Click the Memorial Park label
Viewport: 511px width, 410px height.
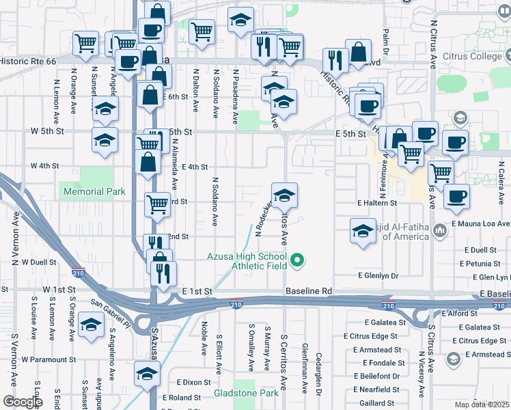pos(94,192)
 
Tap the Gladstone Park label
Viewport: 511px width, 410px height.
pos(246,394)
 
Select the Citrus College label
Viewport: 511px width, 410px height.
pos(472,56)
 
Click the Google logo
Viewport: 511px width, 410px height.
pos(22,402)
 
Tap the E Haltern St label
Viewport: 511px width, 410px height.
pos(376,203)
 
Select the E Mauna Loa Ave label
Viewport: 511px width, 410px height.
pos(481,223)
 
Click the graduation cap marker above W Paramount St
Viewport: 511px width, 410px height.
pos(91,324)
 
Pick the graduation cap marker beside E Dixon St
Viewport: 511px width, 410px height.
pos(146,373)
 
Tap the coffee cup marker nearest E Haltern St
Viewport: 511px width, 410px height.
pos(456,196)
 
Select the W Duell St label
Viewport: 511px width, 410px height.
pos(38,262)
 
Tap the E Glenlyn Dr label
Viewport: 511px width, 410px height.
pos(378,275)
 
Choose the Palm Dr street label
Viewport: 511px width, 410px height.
pos(386,42)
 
